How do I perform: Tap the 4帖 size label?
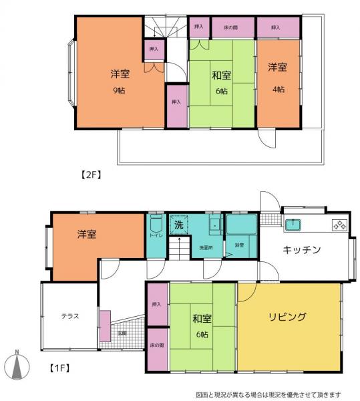278,89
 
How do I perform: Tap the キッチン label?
303,250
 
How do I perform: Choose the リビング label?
288,316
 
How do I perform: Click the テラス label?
70,316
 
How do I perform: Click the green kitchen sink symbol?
294,225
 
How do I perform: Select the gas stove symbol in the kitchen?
338,225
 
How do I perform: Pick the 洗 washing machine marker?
178,225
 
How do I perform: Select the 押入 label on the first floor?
157,304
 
